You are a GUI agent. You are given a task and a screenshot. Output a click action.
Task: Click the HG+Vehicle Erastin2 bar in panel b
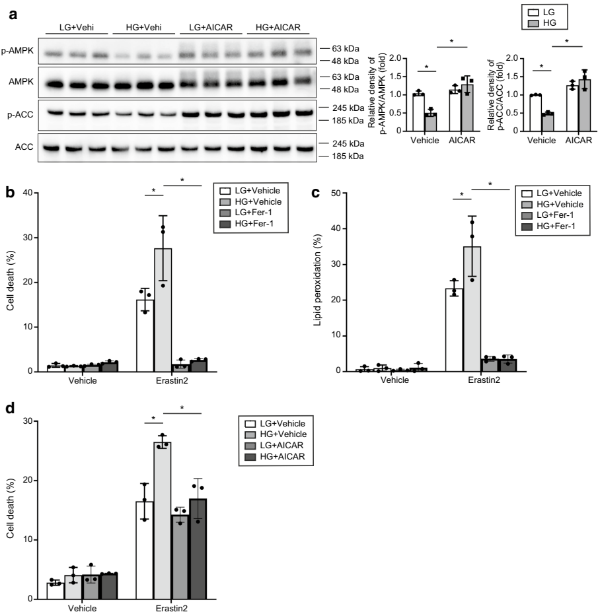[x=163, y=310]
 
